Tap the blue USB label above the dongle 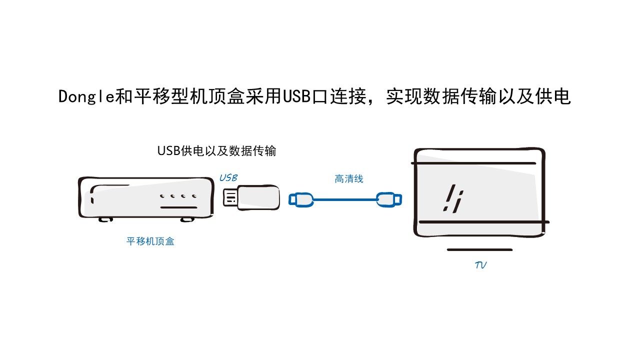point(228,177)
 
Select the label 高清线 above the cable point(349,178)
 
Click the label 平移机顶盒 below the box point(150,241)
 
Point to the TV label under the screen point(480,265)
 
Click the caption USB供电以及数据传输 point(216,150)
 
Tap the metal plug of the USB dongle point(229,197)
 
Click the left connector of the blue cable point(300,200)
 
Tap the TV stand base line point(479,249)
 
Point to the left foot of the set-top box point(106,218)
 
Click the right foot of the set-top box point(186,218)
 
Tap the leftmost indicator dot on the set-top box point(161,196)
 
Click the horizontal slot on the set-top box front point(178,207)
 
